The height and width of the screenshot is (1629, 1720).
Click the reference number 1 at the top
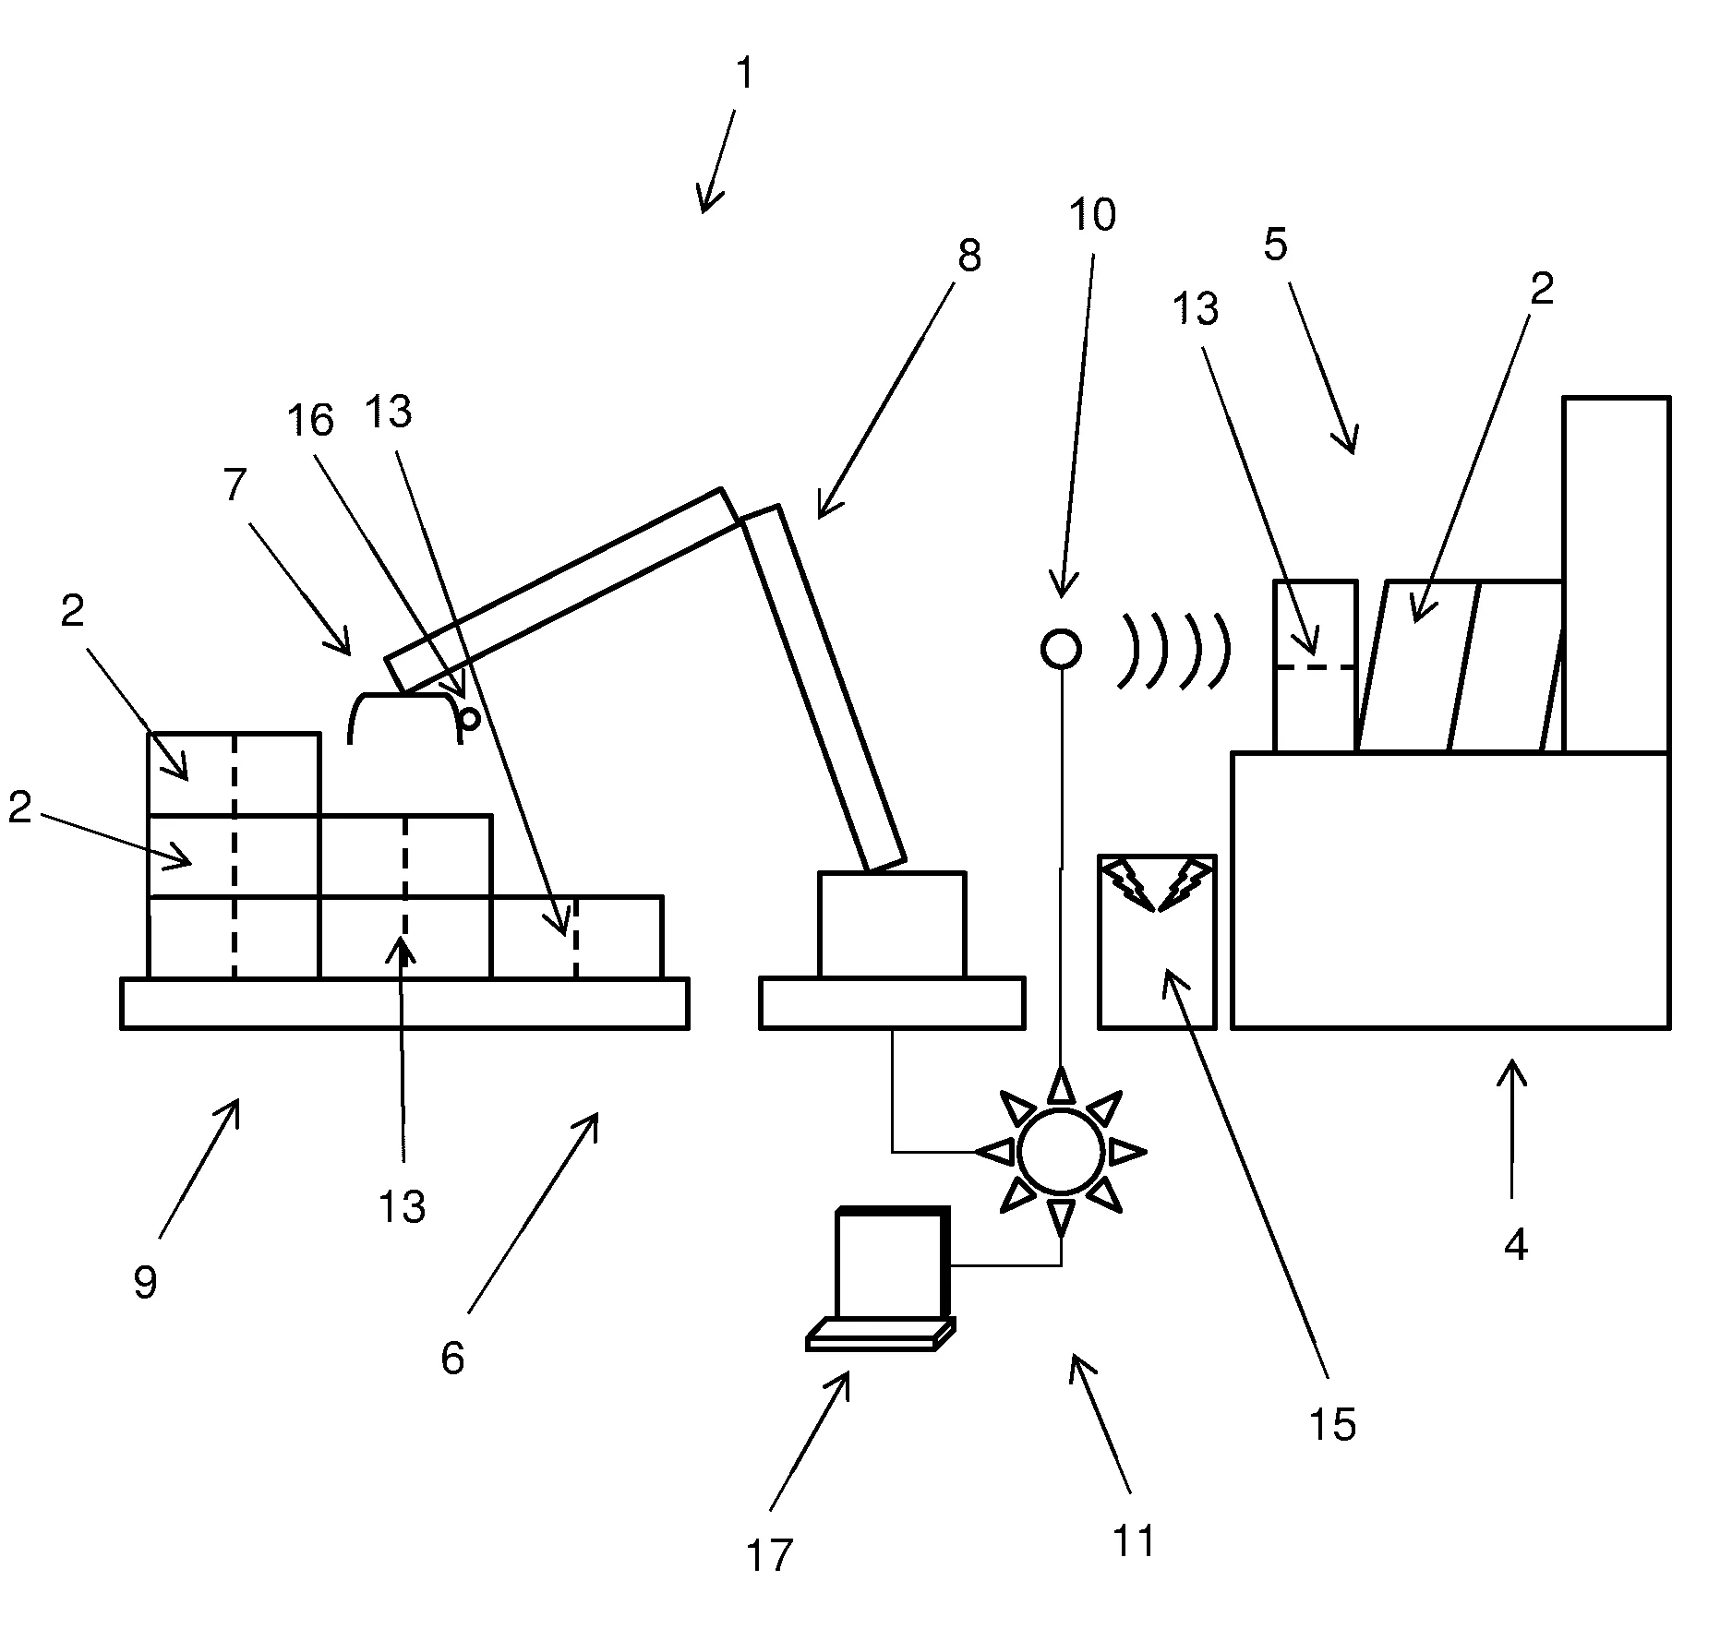coord(744,75)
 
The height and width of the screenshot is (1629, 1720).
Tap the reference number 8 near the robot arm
coord(968,256)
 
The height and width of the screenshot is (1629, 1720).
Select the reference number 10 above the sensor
coord(1092,215)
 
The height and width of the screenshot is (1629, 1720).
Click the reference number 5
coord(1275,246)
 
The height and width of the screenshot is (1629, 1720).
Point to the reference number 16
coord(309,421)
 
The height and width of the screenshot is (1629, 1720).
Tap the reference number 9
coord(145,1282)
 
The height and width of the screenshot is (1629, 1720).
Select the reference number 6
coord(452,1358)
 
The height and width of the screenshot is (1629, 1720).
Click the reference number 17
coord(769,1555)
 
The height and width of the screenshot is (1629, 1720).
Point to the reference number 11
coord(1134,1541)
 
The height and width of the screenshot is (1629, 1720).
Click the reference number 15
coord(1332,1425)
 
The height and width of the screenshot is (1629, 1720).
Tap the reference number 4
coord(1515,1246)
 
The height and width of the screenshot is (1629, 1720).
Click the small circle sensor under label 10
coord(1061,649)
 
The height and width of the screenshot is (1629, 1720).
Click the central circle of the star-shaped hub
coord(1061,1151)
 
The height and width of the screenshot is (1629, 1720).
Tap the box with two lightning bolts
coord(1157,941)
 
